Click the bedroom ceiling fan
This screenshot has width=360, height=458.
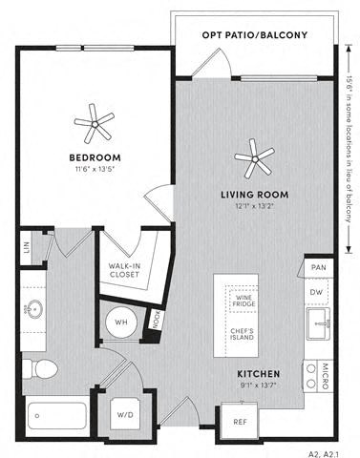coord(94,121)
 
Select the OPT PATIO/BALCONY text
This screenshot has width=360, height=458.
coord(254,35)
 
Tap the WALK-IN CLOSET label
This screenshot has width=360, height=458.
coord(125,269)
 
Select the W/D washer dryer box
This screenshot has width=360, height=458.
coord(124,414)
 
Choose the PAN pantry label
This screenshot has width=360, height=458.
coord(317,269)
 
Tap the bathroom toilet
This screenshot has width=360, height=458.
coord(44,367)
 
